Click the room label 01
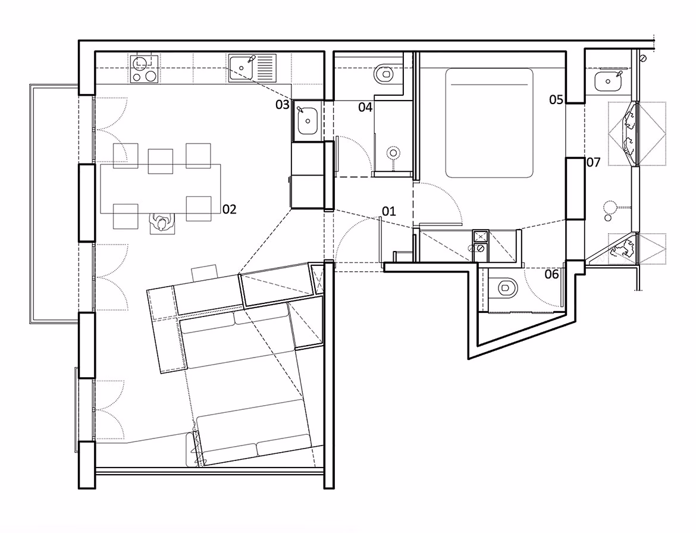tap(389, 211)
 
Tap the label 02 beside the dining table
tap(230, 209)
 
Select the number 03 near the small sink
tap(283, 105)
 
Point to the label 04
tap(365, 107)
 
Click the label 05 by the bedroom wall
tap(556, 99)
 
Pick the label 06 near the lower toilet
tap(551, 274)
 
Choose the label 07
tap(594, 162)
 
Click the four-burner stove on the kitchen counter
tap(145, 69)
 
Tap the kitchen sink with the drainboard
tap(252, 68)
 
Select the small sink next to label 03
tap(308, 121)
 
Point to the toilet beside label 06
tap(504, 289)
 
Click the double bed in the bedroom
tap(489, 123)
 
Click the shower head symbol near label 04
tap(393, 154)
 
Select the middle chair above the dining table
tap(161, 161)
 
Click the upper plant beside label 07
tap(629, 134)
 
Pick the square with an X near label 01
tap(481, 235)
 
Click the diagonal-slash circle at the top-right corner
tap(643, 58)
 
